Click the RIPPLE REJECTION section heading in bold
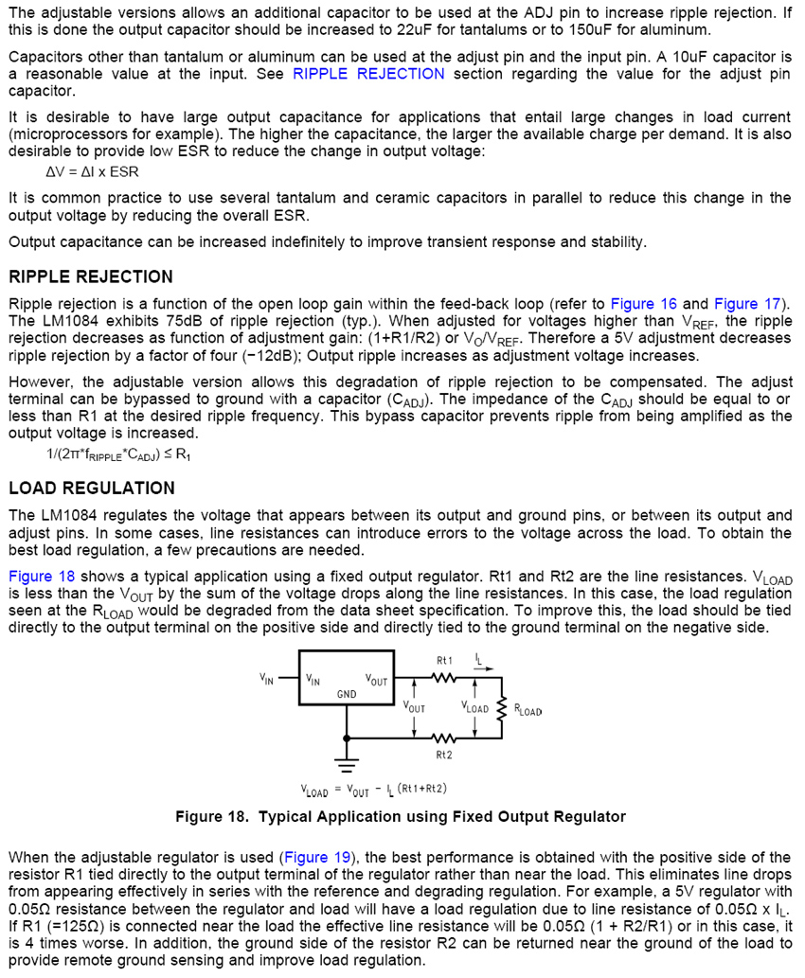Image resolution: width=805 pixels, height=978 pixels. [91, 276]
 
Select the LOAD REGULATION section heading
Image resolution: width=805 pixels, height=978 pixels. [92, 488]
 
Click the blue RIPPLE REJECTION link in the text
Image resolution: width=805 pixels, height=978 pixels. [368, 74]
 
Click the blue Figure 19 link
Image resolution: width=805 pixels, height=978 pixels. [318, 858]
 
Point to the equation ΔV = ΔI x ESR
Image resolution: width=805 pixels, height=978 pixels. [92, 172]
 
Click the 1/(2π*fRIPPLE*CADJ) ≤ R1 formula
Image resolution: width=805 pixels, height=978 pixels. [118, 454]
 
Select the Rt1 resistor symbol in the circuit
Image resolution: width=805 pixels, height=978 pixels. [444, 676]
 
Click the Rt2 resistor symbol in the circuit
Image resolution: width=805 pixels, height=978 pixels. [444, 738]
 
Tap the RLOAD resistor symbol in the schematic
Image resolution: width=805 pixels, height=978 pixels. [502, 708]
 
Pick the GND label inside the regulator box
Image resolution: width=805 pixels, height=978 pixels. [347, 695]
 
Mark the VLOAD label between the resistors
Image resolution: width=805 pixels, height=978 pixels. [474, 708]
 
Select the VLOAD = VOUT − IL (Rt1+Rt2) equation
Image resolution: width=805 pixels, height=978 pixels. [373, 789]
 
